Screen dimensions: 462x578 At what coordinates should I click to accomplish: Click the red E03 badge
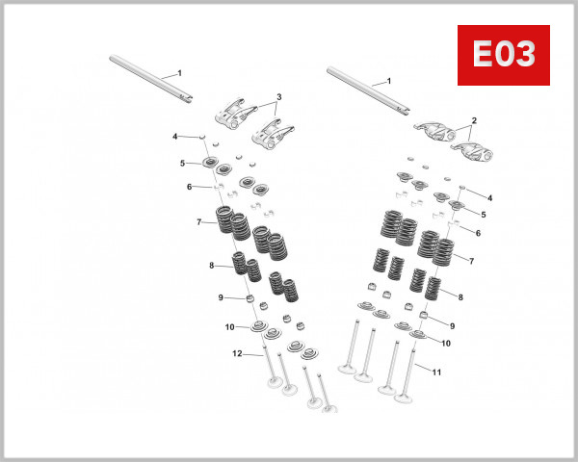click(x=502, y=56)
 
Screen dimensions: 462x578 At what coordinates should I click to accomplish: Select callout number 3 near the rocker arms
click(x=278, y=97)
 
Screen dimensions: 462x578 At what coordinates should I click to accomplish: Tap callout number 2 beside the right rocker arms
click(x=474, y=122)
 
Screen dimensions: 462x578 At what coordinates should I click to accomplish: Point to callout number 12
click(x=236, y=354)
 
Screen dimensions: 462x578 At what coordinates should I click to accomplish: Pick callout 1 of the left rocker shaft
click(x=178, y=73)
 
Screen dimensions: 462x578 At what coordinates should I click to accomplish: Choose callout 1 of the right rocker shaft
click(x=388, y=81)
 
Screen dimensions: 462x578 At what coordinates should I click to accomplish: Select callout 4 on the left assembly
click(x=174, y=137)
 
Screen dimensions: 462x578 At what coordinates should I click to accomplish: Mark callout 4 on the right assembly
click(x=489, y=197)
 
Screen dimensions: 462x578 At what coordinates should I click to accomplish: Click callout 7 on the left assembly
click(x=198, y=223)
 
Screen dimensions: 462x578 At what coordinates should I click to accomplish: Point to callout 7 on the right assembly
click(x=471, y=261)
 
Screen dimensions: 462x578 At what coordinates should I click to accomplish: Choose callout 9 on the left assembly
click(x=221, y=297)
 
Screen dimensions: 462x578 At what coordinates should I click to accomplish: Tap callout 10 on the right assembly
click(x=446, y=343)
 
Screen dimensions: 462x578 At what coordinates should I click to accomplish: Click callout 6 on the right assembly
click(x=478, y=233)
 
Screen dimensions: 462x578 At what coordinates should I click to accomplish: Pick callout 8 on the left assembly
click(x=211, y=266)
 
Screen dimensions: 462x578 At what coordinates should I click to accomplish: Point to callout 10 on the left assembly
click(x=230, y=327)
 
